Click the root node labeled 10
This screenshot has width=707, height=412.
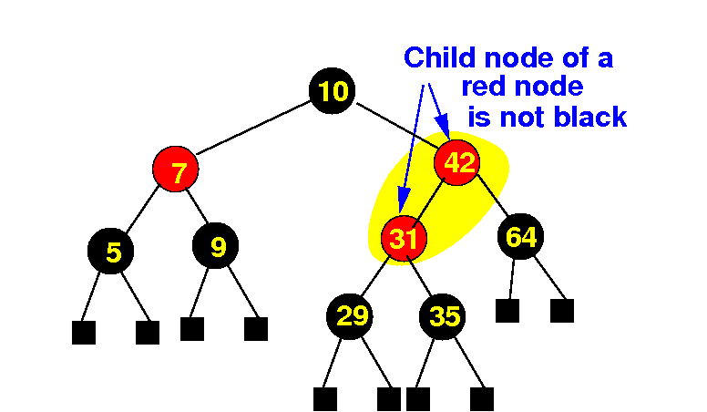click(333, 90)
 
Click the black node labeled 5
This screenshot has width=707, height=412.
click(112, 251)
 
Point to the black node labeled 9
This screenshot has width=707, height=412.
click(217, 245)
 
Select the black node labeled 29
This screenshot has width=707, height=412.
click(351, 315)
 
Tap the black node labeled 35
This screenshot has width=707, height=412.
click(444, 316)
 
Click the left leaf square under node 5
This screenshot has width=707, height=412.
click(84, 332)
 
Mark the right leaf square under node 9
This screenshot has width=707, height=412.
click(256, 328)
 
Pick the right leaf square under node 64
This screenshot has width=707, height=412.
click(562, 311)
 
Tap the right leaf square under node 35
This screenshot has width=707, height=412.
click(482, 398)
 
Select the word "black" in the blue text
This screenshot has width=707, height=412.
click(587, 117)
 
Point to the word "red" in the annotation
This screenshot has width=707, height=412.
click(483, 88)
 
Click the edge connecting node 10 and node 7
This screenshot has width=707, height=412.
click(255, 129)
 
